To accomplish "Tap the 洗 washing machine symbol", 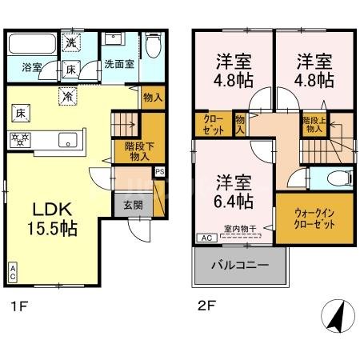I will [x=71, y=42].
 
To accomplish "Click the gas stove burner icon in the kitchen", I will [x=19, y=138].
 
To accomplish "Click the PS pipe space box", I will [x=160, y=170].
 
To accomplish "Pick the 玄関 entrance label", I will [x=134, y=204].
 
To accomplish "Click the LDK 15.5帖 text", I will [x=54, y=218].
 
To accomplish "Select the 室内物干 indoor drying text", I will [x=240, y=229].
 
